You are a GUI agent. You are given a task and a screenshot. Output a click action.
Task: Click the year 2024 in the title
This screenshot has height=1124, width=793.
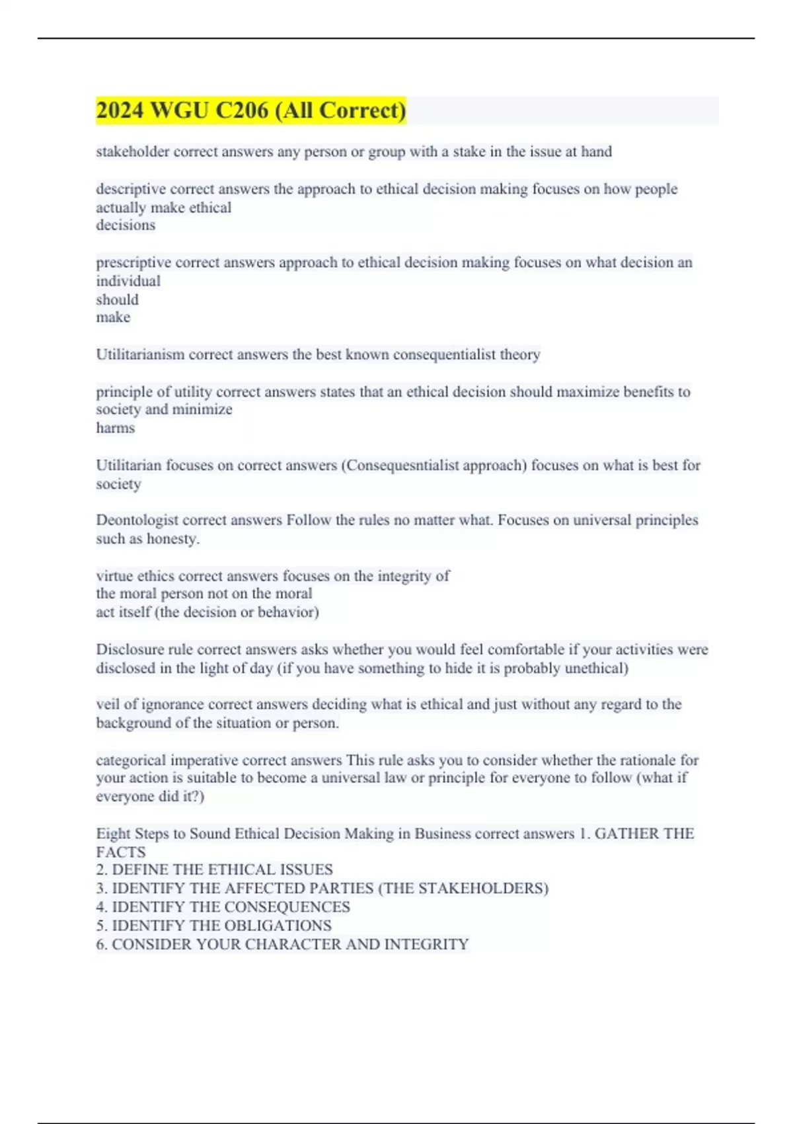[x=120, y=110]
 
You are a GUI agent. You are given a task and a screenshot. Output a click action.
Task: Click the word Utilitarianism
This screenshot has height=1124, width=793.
[x=140, y=354]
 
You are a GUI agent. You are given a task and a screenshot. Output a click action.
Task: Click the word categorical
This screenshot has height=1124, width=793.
[x=131, y=760]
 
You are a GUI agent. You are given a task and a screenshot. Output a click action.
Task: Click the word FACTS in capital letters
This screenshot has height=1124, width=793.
[x=121, y=852]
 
